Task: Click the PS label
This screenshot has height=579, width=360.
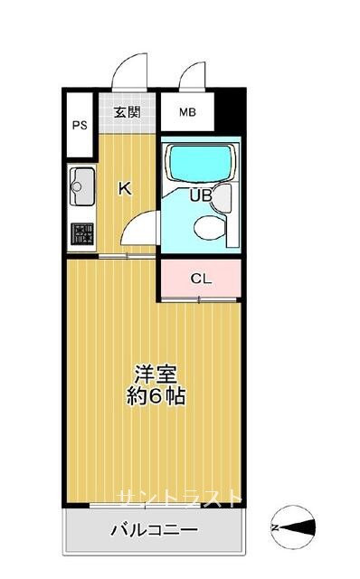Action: point(80,125)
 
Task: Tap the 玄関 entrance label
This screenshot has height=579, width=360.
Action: point(127,111)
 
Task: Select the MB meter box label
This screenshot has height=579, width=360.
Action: point(187,112)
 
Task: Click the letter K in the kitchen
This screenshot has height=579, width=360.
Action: point(125,189)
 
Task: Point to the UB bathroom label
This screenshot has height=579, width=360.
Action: point(201,195)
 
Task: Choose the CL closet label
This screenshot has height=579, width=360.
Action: point(201,279)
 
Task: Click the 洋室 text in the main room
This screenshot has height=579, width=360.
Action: point(156,374)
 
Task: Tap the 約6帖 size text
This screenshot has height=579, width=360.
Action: point(156,396)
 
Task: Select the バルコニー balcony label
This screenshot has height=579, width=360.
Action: point(155,530)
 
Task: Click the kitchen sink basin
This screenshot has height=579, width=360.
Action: point(82,186)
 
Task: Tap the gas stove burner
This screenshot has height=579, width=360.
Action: point(82,234)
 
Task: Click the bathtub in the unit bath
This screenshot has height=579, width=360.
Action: point(200,163)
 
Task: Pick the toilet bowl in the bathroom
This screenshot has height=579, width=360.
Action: point(209,227)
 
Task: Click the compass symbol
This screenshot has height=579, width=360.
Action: point(294,527)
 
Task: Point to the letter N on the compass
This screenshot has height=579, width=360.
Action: point(275,527)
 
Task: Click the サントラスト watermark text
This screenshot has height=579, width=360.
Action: point(180,498)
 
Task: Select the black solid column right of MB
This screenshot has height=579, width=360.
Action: point(230,109)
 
